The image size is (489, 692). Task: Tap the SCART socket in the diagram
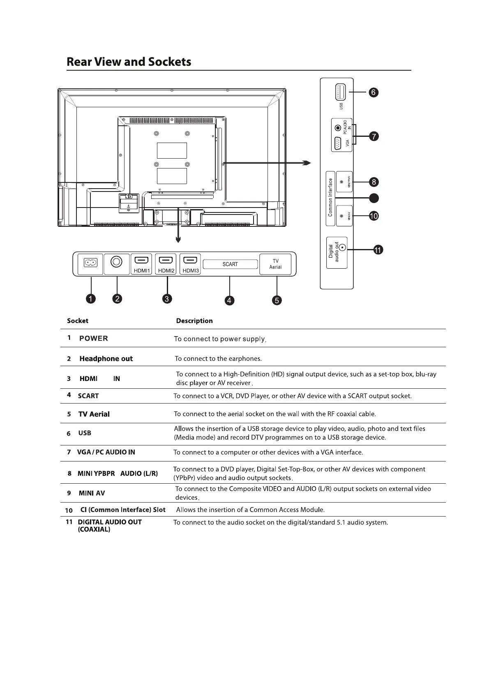[230, 264]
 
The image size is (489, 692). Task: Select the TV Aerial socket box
[275, 264]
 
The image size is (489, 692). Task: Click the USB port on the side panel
[340, 92]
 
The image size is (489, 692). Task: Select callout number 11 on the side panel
[378, 249]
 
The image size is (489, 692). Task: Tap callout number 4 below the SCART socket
[229, 300]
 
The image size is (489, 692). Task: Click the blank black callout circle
[374, 198]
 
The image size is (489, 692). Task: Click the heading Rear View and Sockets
[129, 62]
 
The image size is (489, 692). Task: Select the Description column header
[194, 321]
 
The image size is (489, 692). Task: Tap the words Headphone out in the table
[106, 359]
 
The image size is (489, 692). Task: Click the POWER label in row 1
[94, 339]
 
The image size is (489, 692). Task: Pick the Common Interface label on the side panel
[330, 197]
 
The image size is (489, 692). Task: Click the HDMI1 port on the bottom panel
[141, 260]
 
